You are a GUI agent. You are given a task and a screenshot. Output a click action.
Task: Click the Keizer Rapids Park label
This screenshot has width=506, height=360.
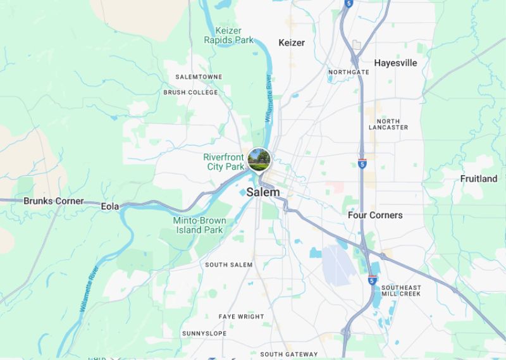click(228, 35)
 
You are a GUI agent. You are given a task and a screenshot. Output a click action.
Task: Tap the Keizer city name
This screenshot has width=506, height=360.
click(292, 42)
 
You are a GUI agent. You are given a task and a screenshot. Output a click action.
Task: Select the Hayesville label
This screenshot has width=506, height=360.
click(395, 63)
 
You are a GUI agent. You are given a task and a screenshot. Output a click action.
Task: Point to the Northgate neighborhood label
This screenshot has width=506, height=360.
click(349, 72)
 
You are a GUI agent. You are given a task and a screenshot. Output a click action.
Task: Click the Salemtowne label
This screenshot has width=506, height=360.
click(198, 77)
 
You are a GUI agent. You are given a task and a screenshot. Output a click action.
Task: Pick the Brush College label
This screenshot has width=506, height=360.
click(190, 92)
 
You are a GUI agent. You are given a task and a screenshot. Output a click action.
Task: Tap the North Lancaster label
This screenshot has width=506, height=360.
click(388, 124)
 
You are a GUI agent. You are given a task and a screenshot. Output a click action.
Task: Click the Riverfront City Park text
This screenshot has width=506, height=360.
click(223, 161)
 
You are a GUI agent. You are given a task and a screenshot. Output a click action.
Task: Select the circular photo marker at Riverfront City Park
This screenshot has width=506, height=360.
click(259, 159)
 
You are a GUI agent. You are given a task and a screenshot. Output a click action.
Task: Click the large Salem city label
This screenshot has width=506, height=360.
click(263, 192)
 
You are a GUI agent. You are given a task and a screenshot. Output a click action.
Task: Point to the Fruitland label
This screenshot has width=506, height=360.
click(478, 178)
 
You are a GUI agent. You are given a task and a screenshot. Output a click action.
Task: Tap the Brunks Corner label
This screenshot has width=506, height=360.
click(53, 201)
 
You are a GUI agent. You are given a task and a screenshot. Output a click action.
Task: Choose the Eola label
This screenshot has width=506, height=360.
click(110, 206)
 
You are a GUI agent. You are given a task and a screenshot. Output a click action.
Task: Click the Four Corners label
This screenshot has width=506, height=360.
click(375, 215)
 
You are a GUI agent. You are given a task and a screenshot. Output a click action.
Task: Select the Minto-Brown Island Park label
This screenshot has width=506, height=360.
click(197, 225)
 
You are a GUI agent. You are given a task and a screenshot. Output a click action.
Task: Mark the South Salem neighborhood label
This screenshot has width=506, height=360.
click(228, 264)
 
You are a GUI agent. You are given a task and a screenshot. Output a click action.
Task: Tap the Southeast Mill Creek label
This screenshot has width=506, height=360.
click(401, 291)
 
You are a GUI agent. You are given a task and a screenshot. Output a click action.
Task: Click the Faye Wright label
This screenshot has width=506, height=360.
click(241, 316)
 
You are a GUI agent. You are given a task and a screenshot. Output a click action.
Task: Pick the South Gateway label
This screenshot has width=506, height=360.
click(289, 354)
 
